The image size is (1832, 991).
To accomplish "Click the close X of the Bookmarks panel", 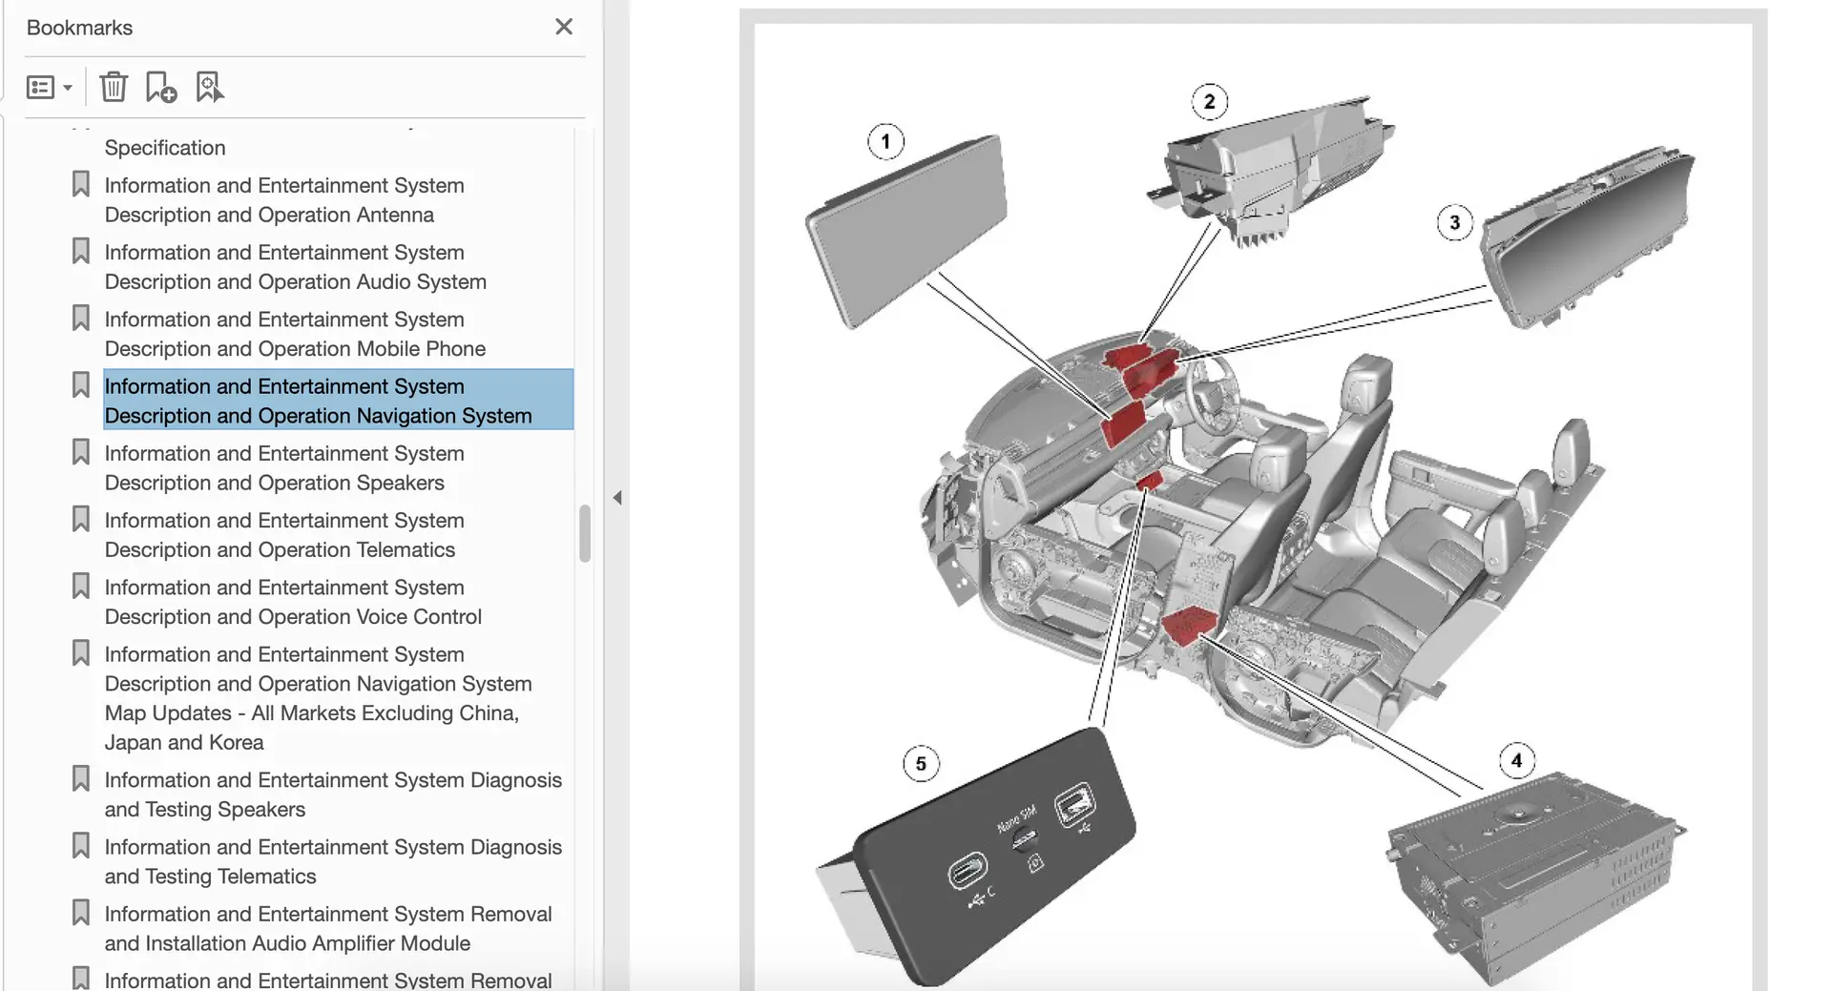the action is point(564,27).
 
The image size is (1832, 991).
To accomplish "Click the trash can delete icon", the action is point(114,87).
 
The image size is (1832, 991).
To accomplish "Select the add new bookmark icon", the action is point(161,87).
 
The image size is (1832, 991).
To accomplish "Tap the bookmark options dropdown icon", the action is point(49,88).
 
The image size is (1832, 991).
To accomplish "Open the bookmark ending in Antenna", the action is point(284,200).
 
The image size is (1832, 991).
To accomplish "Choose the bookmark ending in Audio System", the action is point(296,267).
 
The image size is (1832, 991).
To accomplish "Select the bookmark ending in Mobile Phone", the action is point(295,334).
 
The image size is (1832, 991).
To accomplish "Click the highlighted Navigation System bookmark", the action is point(318,401).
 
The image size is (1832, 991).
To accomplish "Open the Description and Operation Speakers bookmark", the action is point(284,468).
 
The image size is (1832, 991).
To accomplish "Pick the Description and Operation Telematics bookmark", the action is point(284,535).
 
